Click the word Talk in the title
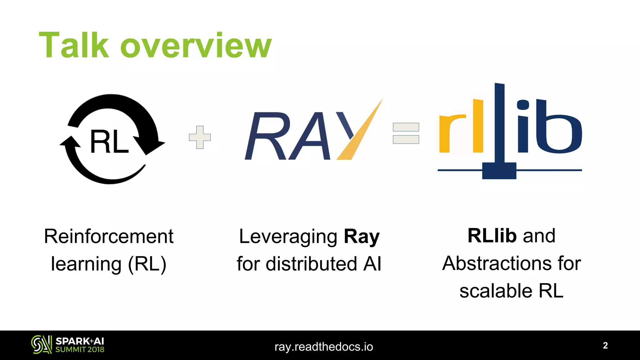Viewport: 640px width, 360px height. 74,45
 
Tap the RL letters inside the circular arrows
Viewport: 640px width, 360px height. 109,142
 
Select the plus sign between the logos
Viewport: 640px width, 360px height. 200,137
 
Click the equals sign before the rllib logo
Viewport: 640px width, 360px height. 406,133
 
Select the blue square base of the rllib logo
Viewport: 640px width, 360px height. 499,171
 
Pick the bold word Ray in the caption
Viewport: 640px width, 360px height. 362,237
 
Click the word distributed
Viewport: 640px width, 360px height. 311,263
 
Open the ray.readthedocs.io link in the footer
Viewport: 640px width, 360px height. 324,347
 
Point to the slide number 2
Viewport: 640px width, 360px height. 605,345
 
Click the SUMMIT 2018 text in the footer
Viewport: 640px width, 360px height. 80,350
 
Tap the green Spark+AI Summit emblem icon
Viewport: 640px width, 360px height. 41,345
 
